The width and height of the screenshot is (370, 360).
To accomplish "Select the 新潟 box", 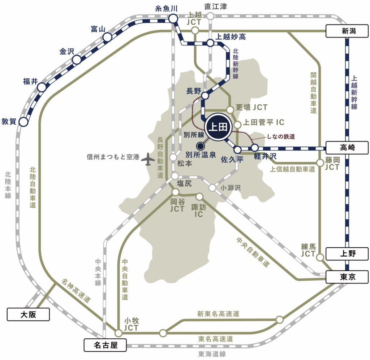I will (x=347, y=31).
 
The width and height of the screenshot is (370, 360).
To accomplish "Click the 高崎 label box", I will (x=347, y=147).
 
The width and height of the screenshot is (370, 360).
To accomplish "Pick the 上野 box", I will (x=347, y=254).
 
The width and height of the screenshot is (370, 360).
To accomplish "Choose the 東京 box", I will (x=347, y=277).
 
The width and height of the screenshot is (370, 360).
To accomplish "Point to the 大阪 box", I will (x=28, y=314).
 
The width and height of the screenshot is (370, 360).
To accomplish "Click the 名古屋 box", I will (x=105, y=345).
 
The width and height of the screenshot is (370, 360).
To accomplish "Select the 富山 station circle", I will (x=107, y=37).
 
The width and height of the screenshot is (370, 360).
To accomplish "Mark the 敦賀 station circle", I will (x=23, y=122).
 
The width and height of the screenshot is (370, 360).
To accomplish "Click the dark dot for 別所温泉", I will (x=199, y=146).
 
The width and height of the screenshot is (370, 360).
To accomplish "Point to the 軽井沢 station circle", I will (x=255, y=147).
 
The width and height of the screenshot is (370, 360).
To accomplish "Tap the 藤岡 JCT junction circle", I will (x=320, y=163).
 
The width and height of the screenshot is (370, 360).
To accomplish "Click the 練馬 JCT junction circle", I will (x=320, y=257).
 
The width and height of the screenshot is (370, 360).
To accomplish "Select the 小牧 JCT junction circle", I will (x=118, y=333).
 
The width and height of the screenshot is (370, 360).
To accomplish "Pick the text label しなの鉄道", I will (x=280, y=136).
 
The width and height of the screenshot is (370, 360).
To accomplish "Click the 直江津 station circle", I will (x=210, y=16).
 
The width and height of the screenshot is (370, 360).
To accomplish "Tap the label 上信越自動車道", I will (x=293, y=169).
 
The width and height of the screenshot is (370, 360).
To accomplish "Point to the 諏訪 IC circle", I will (x=199, y=196).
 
